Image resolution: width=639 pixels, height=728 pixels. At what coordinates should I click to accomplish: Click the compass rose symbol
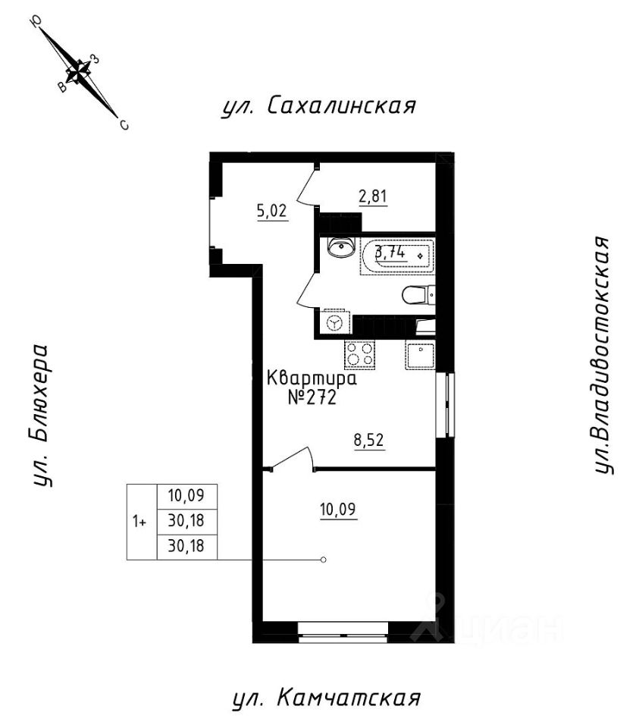[x=79, y=72]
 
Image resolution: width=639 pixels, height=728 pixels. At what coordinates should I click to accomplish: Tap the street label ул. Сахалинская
[x=318, y=105]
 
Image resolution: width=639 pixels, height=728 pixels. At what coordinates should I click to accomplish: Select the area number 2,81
[x=373, y=198]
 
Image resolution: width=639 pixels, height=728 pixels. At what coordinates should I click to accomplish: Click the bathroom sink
[x=339, y=247]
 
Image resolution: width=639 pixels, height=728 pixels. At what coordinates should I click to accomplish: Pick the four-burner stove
[x=360, y=354]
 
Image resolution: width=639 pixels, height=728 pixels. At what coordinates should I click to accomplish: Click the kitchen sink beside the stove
[x=419, y=354]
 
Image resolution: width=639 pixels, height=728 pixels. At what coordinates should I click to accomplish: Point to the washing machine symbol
[x=334, y=322]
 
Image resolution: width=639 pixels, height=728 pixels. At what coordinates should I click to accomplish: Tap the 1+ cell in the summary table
[x=140, y=522]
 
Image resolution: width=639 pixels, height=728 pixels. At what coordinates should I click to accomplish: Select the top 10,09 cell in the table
[x=186, y=497]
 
